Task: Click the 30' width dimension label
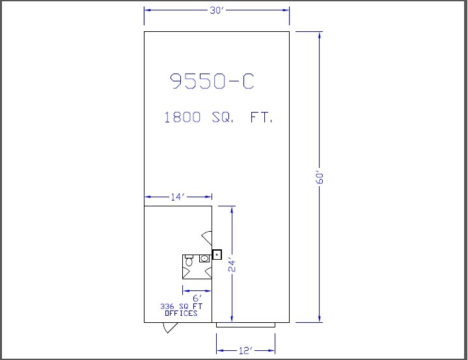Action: [x=217, y=10]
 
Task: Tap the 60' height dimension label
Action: [x=320, y=178]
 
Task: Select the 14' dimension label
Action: [x=178, y=197]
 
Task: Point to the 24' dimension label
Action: [x=232, y=266]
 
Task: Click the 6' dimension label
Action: [x=197, y=298]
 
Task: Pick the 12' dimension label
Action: [x=246, y=350]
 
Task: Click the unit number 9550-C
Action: [x=212, y=81]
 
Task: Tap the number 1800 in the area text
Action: [x=182, y=117]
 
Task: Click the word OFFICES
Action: [x=181, y=313]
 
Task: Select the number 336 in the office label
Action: [x=167, y=306]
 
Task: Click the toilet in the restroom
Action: [x=189, y=260]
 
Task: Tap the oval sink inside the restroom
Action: [x=204, y=258]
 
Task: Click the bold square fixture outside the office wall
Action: [x=217, y=255]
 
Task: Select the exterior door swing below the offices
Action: [x=169, y=327]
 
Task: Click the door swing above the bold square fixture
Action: [x=207, y=238]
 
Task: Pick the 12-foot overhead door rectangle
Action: [x=245, y=325]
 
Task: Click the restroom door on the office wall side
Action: [x=208, y=273]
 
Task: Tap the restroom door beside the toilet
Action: [x=186, y=273]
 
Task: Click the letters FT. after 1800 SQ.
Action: [x=262, y=117]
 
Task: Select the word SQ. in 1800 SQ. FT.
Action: [x=223, y=117]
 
